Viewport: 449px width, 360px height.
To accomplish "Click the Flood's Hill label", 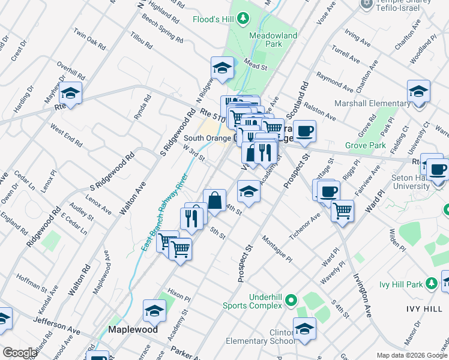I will tap(213, 19).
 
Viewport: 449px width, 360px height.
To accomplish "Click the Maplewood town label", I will tap(133, 329).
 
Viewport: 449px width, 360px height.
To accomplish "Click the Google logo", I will tap(19, 353).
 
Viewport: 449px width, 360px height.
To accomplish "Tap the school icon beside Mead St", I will tap(222, 68).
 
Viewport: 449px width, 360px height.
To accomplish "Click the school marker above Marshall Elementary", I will tap(418, 92).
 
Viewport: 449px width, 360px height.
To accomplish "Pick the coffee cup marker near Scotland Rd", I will tap(304, 131).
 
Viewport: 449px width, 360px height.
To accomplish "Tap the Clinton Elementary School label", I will tap(259, 335).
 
